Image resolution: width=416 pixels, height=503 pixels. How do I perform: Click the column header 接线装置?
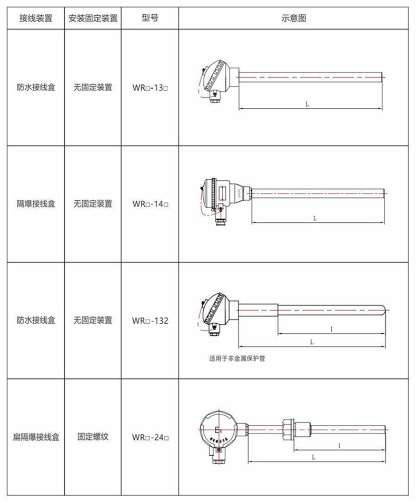tap(35, 18)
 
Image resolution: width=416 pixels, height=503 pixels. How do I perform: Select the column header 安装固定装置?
tap(93, 18)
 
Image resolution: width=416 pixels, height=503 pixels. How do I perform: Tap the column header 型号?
tap(150, 18)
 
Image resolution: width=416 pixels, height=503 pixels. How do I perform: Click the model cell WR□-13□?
tap(150, 87)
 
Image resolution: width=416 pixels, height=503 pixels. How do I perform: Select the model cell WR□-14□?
tap(150, 203)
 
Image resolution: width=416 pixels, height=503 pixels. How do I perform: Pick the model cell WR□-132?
tap(150, 320)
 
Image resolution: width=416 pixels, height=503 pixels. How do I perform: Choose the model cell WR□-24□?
tap(150, 436)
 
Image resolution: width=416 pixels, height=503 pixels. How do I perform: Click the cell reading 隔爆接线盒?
tap(35, 203)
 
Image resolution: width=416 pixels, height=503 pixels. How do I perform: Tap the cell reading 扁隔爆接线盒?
tap(35, 436)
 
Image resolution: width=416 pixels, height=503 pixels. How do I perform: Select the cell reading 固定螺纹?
tap(93, 436)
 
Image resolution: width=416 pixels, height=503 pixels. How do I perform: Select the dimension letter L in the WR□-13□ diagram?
tap(306, 104)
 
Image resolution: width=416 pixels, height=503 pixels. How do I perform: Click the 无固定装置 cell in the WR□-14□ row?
tap(93, 203)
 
